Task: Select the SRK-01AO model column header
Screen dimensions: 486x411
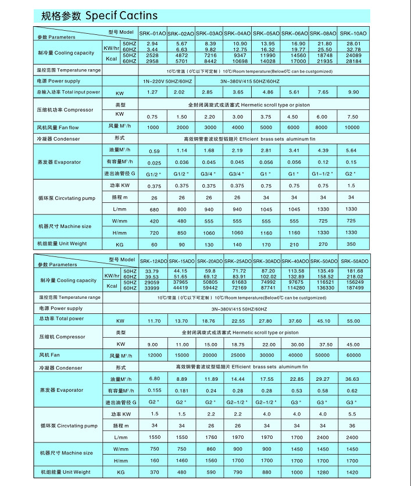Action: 152,34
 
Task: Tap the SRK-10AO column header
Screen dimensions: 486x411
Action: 353,34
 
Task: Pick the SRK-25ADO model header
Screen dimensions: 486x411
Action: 238,261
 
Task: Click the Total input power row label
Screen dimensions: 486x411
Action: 69,92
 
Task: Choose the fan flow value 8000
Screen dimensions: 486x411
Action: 323,127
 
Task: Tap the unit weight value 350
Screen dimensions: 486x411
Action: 352,245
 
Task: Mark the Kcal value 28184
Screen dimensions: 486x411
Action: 353,61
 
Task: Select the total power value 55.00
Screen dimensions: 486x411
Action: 353,321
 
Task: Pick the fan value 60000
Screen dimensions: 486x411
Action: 353,355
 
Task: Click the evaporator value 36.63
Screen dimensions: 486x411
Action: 353,379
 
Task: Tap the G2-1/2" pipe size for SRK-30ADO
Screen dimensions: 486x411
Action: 267,402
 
